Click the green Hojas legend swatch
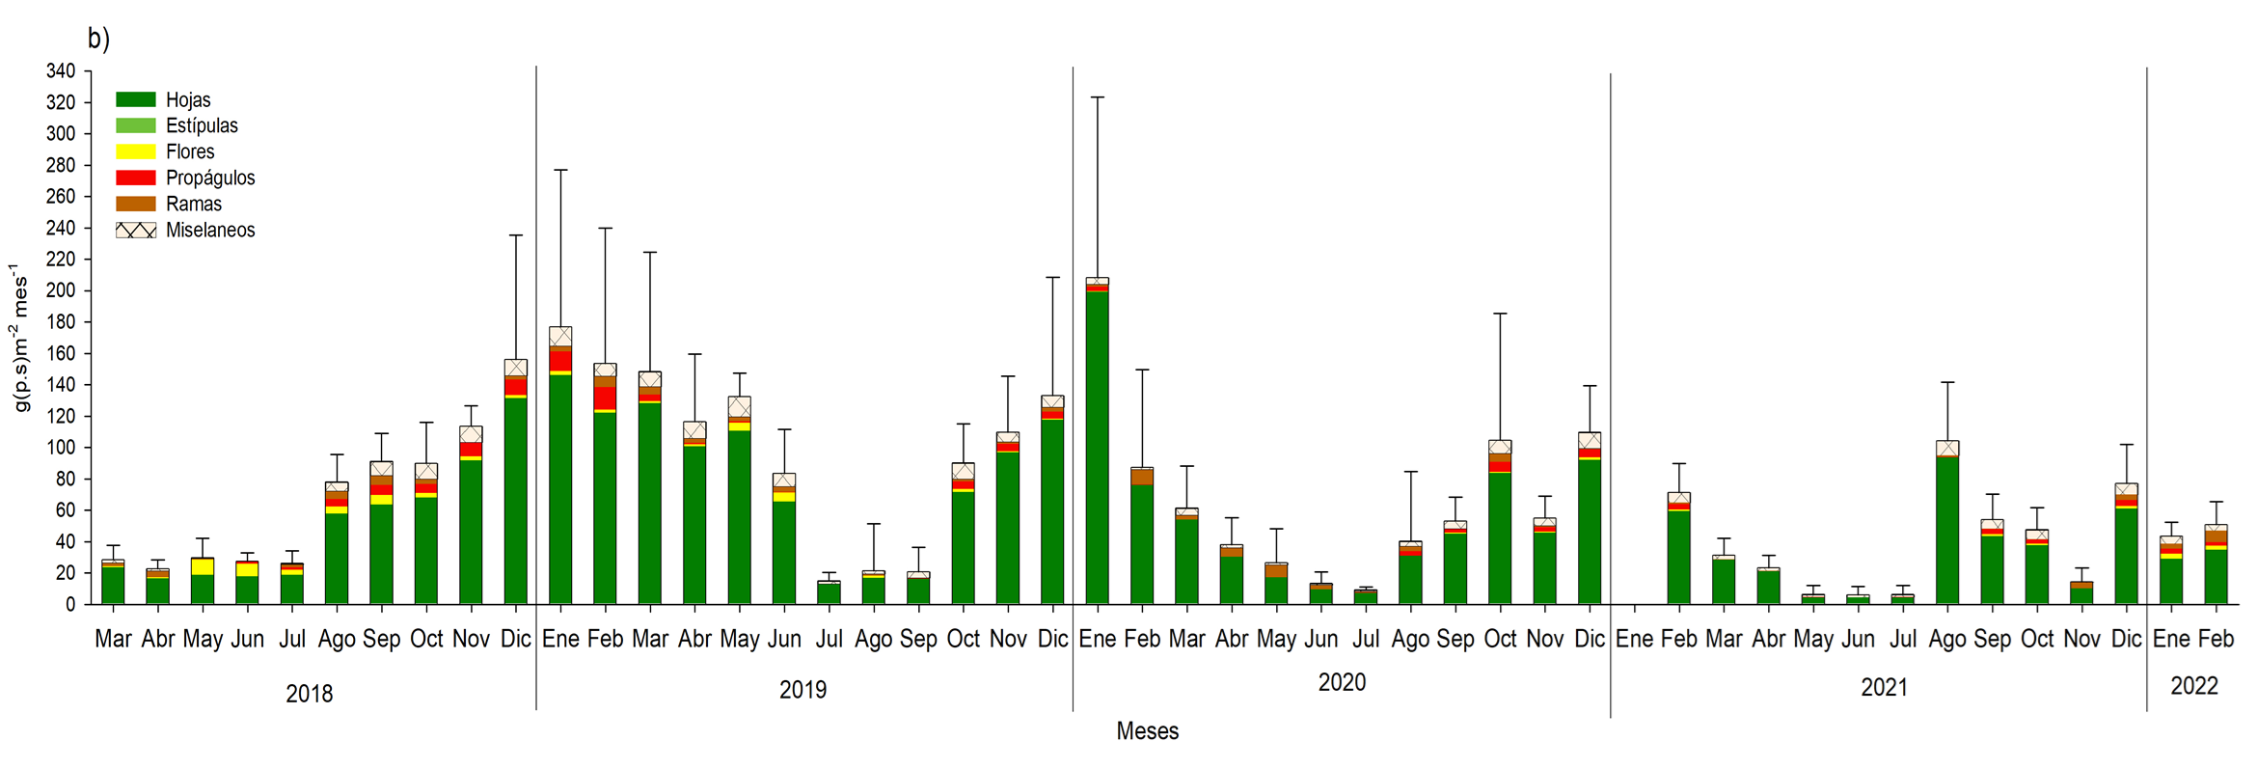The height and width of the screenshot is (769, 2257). tap(136, 99)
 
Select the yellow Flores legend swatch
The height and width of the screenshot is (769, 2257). tap(136, 151)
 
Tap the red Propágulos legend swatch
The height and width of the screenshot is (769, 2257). tap(136, 178)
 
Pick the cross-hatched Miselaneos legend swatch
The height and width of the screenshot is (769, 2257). tap(136, 230)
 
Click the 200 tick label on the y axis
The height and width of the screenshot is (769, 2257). tap(61, 290)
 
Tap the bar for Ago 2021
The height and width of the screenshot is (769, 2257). tap(1947, 526)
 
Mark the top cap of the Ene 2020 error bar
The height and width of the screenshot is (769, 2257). tap(1097, 97)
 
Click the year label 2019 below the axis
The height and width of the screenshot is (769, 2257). tap(802, 690)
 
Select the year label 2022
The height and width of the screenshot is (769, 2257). tap(2194, 686)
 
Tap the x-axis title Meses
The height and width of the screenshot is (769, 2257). tap(1147, 731)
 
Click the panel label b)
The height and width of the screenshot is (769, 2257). tap(98, 38)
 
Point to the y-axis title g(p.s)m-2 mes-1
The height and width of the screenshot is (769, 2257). tap(19, 338)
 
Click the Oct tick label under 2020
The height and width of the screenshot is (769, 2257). tap(1500, 639)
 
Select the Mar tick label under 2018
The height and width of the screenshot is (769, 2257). tap(113, 639)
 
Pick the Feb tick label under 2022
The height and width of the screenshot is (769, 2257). tap(2216, 639)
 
